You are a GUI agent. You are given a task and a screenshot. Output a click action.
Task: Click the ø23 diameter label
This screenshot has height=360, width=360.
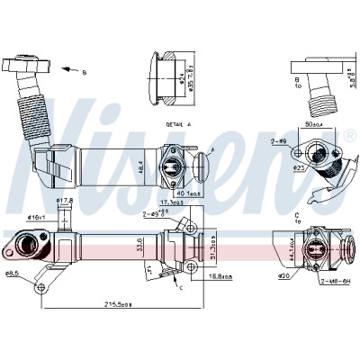[298, 168]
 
